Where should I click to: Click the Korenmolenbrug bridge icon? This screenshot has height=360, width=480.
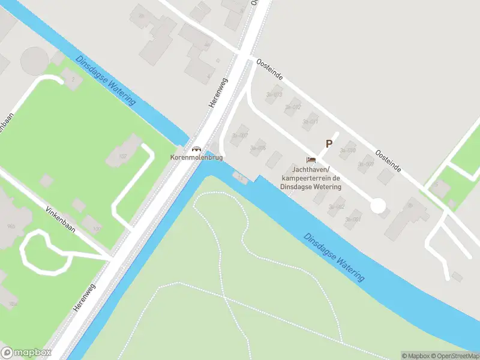point(196,149)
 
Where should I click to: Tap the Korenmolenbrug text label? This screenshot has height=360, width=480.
point(197,157)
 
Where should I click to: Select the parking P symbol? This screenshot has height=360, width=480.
point(328,144)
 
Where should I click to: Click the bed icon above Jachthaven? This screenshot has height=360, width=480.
point(310,160)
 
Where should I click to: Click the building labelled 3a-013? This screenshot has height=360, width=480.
point(275,94)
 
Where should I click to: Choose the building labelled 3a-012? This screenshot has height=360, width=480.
point(293,107)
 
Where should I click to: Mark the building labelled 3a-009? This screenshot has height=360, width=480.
point(365,163)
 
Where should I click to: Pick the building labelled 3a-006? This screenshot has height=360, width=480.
point(257,148)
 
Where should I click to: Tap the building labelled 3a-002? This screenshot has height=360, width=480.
point(337,206)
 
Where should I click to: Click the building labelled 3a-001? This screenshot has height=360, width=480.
point(354,219)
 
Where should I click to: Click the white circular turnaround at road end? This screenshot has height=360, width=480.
point(377,206)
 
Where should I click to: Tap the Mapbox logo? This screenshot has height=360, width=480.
point(26,353)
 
